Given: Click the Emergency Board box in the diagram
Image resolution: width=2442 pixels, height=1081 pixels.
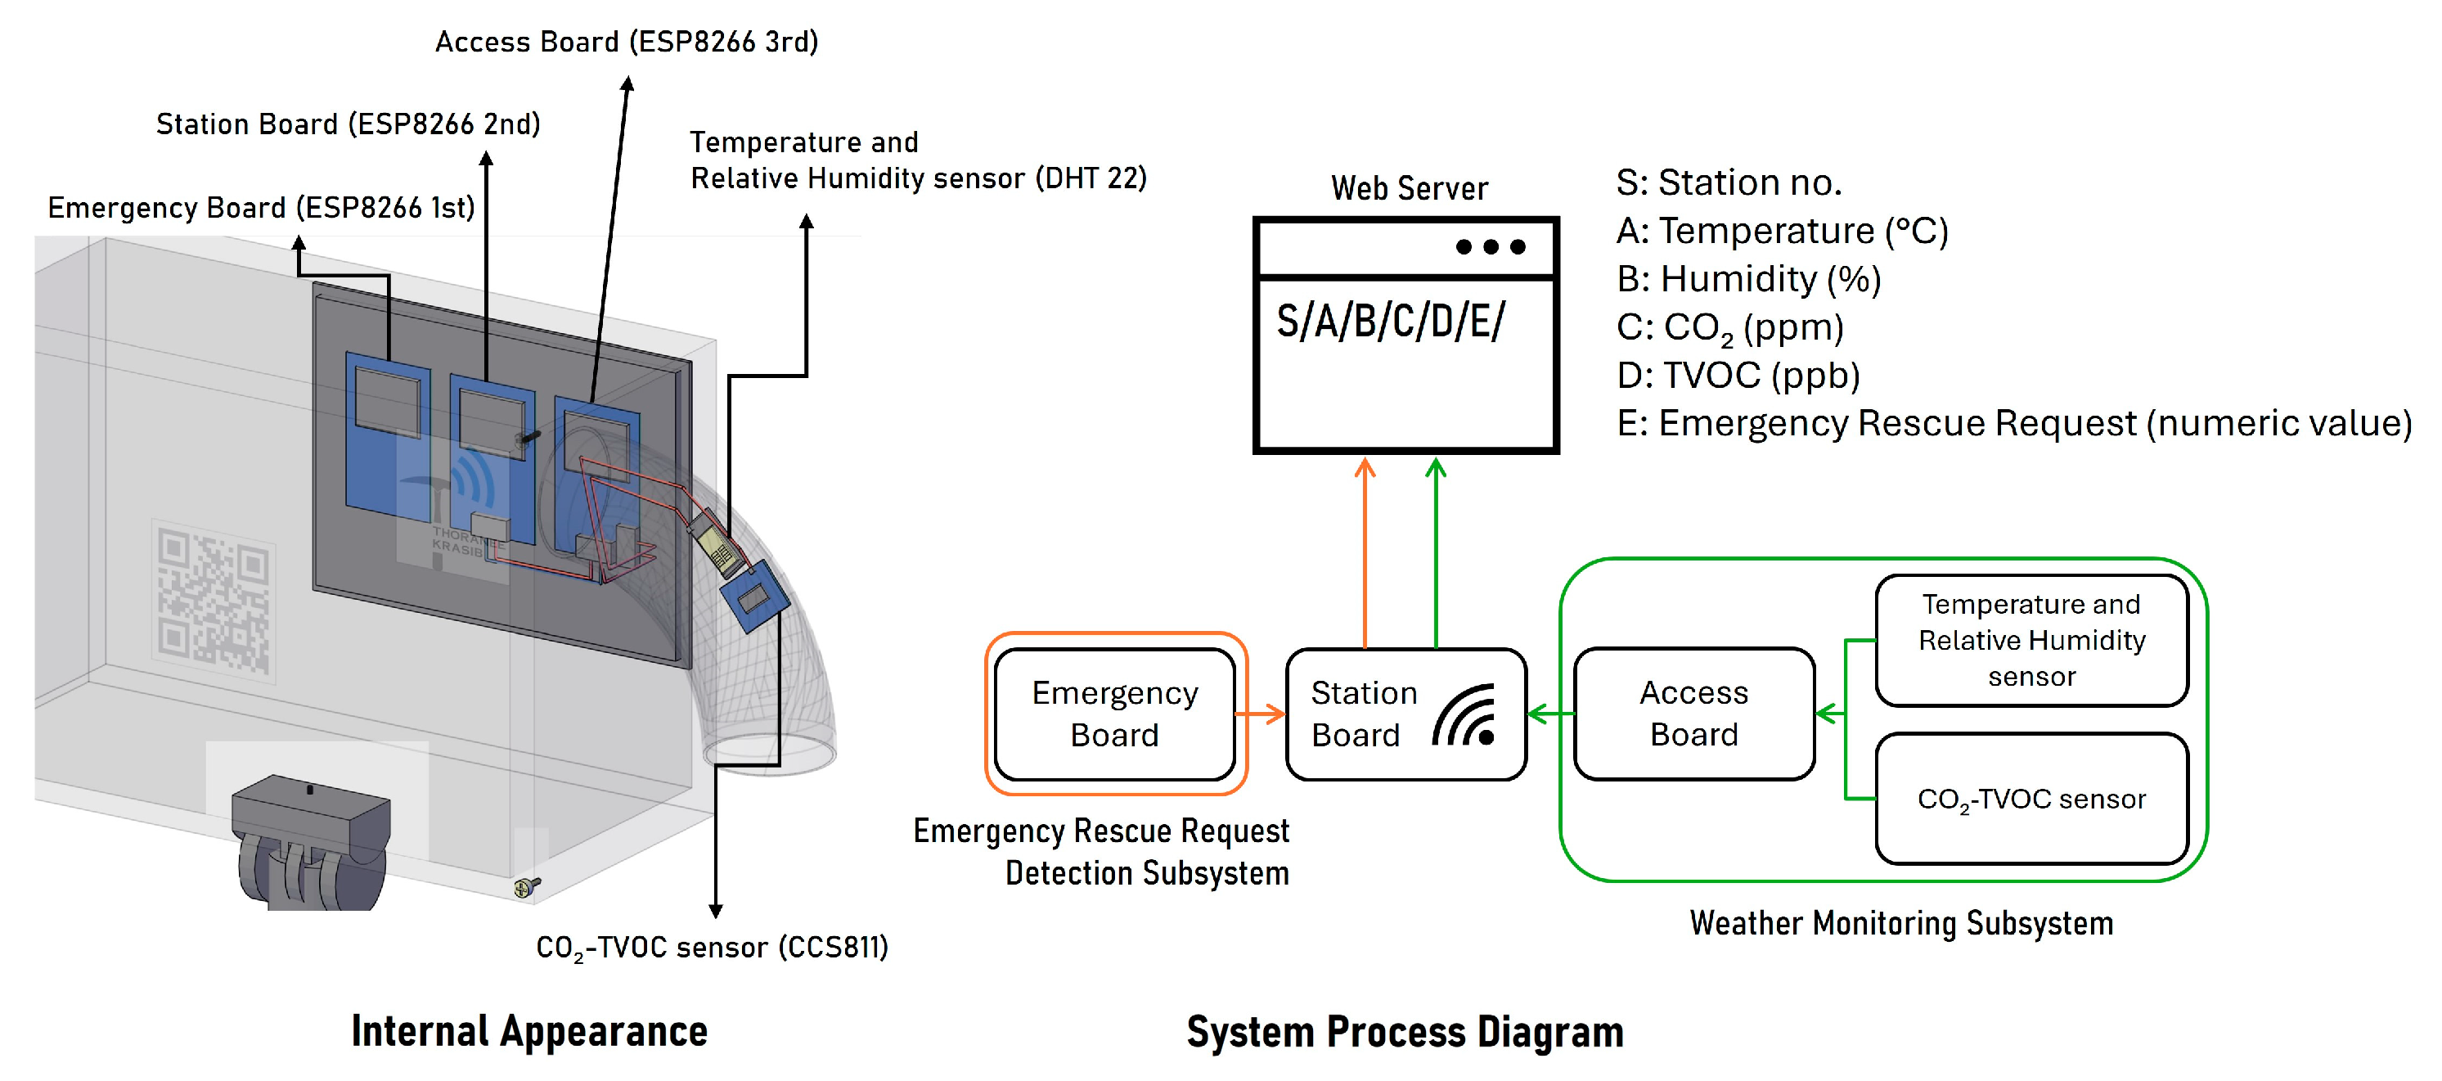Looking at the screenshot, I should coord(1114,714).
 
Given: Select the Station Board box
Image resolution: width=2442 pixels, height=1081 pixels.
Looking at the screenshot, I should coord(1365,714).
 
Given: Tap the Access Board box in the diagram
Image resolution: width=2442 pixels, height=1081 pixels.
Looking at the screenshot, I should coord(1694,714).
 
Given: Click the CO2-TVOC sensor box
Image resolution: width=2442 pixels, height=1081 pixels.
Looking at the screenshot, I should coord(2031,799).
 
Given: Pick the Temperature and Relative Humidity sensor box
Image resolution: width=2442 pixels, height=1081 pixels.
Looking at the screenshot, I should coord(2031,640).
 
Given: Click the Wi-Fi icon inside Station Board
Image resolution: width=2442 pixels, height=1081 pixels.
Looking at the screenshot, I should coord(1465,716).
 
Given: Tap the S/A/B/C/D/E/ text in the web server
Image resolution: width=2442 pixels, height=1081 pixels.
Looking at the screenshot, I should coord(1390,322).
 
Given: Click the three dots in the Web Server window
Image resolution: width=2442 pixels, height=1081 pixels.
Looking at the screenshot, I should coord(1491,247).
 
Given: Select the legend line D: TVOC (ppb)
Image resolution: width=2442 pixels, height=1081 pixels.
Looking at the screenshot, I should coord(1738,376).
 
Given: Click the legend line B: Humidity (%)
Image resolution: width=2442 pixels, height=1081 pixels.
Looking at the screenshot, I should coord(1747,279).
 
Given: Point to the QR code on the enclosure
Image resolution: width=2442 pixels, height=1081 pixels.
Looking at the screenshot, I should coord(214,601).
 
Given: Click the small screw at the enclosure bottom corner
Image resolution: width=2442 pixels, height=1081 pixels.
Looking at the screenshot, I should coord(524,886).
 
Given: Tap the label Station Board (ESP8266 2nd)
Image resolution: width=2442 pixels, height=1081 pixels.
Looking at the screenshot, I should coord(348,124).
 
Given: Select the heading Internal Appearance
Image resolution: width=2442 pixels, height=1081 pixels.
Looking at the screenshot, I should coord(529,1032).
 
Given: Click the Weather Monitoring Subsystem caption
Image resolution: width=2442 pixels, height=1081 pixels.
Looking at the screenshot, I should coord(1900,922).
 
